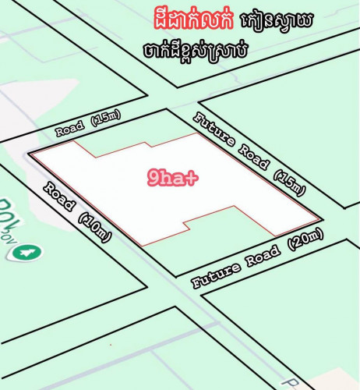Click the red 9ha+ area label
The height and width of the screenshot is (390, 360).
[173, 179]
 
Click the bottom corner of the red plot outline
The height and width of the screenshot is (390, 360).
[143, 246]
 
